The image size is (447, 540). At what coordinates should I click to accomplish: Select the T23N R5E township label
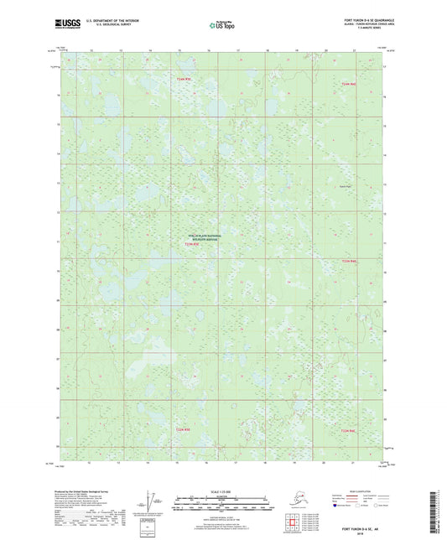click(x=193, y=244)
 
